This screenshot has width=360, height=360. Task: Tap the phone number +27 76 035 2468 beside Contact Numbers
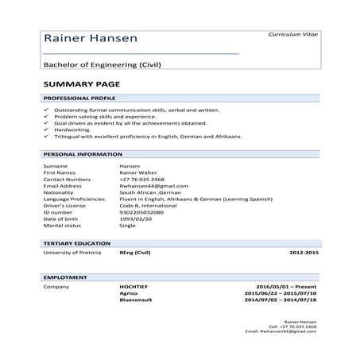point(142,180)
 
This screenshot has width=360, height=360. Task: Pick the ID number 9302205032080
point(141,212)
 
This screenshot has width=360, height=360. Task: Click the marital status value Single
point(127,226)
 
